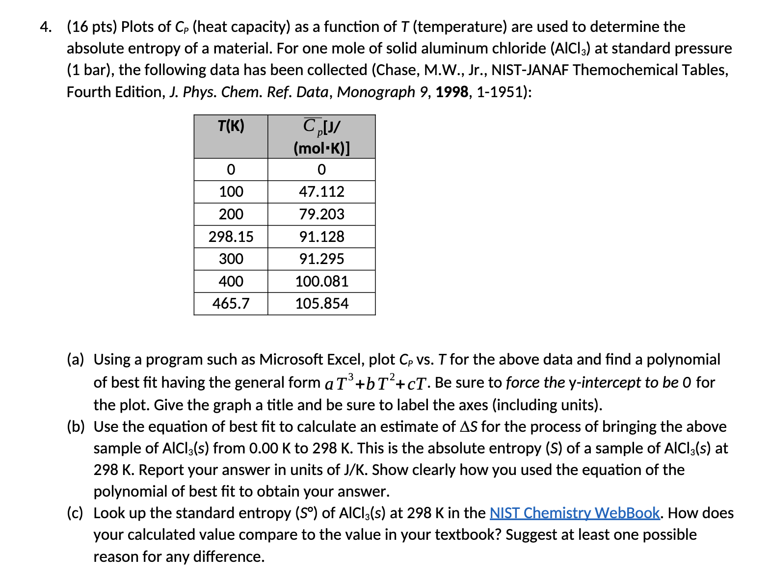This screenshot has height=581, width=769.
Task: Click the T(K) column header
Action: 231,127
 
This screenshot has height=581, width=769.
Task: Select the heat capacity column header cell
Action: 321,136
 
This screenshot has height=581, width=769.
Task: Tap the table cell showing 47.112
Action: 321,192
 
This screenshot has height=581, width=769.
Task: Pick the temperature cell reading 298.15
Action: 231,237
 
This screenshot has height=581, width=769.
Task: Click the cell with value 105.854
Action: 321,304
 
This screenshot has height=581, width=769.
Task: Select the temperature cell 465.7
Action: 231,304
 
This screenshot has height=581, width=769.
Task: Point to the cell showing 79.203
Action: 321,214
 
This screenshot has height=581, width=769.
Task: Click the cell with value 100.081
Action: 321,282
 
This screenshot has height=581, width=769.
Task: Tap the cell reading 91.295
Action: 321,259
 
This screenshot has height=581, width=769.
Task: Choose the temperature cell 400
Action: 231,282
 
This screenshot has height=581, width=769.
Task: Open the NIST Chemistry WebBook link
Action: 575,513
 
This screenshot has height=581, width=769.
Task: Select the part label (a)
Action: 76,360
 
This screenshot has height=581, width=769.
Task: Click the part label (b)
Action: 76,427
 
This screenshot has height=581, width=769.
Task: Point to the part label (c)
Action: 76,513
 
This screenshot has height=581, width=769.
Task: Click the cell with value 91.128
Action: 321,237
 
